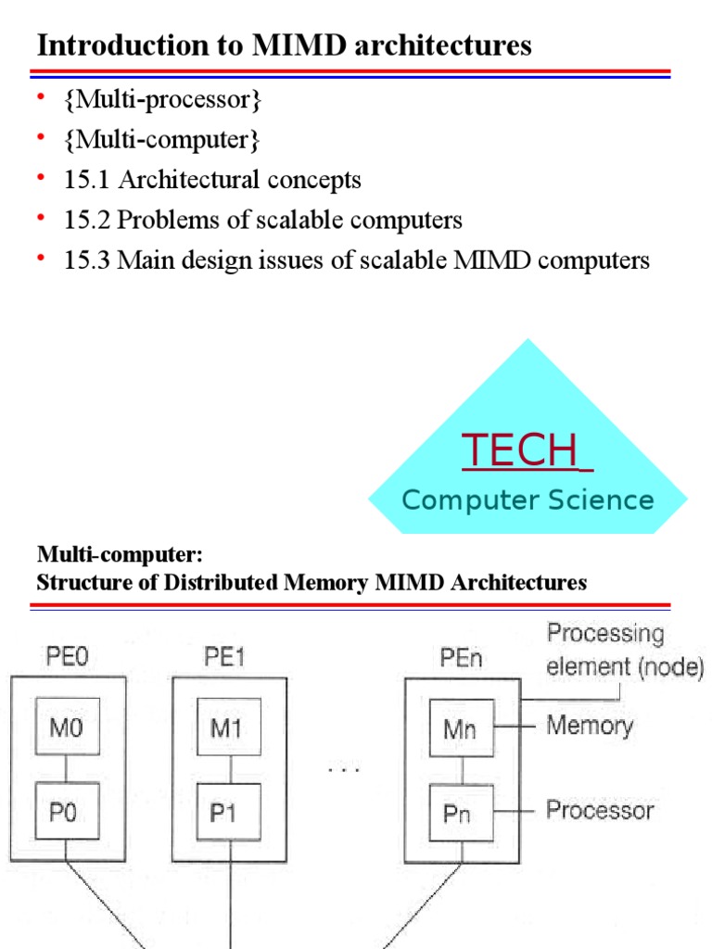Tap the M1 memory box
tap(228, 729)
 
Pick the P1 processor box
tap(228, 812)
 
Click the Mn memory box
tap(462, 729)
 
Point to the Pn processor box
tap(462, 812)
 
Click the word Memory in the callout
tap(589, 725)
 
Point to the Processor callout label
tap(599, 810)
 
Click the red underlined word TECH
tap(521, 450)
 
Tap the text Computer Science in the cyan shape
tap(528, 500)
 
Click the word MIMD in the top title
tap(298, 45)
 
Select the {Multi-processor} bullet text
tap(162, 100)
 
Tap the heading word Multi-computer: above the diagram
tap(119, 555)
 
